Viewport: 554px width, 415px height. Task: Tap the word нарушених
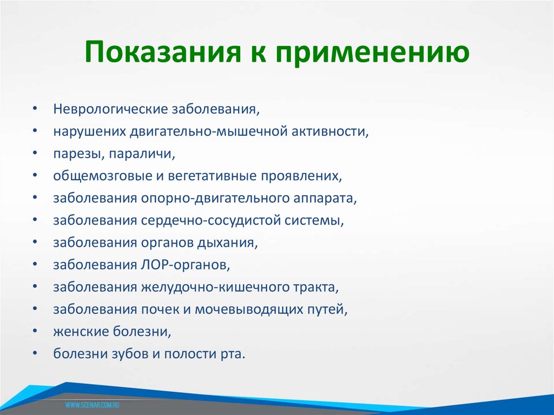pos(90,131)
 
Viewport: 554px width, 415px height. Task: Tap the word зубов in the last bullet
pos(129,354)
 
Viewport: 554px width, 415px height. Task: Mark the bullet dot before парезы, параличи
pos(35,154)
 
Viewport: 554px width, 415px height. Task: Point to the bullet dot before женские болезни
pos(35,332)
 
